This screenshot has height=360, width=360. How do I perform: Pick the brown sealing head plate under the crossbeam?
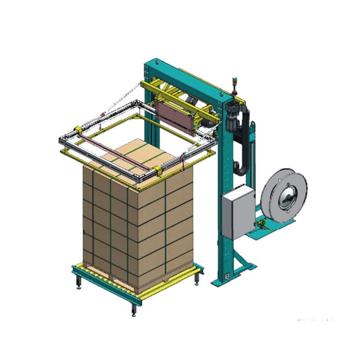[175, 116]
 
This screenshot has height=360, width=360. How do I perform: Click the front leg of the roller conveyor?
[134, 310]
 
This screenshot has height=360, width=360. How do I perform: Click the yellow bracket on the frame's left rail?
[78, 130]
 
